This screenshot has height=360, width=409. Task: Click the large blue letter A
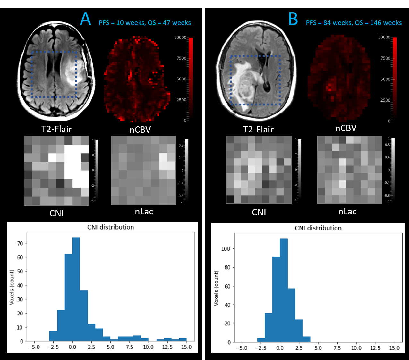coord(85,19)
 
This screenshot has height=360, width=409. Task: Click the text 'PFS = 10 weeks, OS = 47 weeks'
coord(145,23)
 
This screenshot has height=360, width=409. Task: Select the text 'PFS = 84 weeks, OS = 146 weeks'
coord(354,23)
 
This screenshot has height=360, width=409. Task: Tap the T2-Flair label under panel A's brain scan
coord(56,129)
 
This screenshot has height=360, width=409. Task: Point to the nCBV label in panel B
coord(345,128)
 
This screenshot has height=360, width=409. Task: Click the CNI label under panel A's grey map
coord(56,213)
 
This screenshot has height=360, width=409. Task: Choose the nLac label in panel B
coord(347,212)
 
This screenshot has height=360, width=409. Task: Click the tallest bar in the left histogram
coord(76,289)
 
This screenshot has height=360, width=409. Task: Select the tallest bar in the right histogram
coord(284,289)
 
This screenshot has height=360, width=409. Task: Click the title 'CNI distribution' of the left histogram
coord(111,227)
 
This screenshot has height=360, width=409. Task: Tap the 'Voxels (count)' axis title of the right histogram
coord(216,288)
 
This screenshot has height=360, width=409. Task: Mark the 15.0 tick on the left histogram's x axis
coord(186,347)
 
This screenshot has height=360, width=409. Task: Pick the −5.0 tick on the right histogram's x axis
coord(242,348)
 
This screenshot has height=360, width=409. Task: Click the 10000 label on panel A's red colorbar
coord(180,38)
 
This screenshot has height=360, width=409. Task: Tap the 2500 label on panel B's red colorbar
coord(385,100)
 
